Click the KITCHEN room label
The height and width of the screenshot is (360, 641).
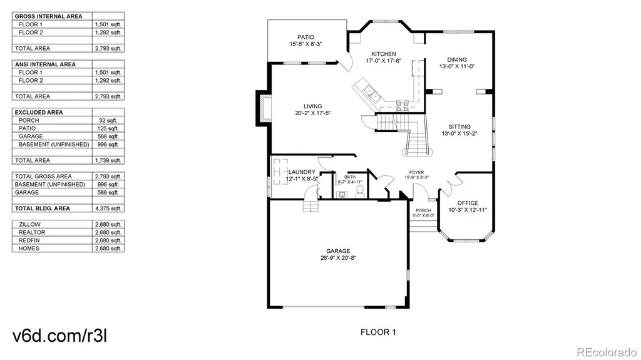click(x=384, y=54)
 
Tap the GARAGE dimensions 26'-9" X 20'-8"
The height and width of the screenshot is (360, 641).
click(x=338, y=258)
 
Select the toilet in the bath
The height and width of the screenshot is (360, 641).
click(x=360, y=191)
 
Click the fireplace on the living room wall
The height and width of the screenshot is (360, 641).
click(x=264, y=108)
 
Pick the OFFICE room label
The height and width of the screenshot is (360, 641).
click(x=468, y=203)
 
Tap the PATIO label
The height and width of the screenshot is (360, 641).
click(x=305, y=37)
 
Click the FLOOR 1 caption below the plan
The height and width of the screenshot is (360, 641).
click(x=378, y=332)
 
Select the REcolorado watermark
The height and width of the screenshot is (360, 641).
click(x=607, y=352)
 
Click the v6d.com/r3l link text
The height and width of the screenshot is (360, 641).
click(x=60, y=336)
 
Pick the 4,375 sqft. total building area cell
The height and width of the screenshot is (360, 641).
click(x=108, y=208)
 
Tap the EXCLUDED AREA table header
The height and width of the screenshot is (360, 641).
click(x=39, y=112)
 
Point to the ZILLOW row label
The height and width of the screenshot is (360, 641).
click(x=29, y=224)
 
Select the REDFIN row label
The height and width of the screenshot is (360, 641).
click(x=29, y=240)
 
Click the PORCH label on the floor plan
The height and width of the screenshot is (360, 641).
click(x=423, y=211)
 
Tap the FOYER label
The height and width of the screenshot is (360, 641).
click(x=416, y=172)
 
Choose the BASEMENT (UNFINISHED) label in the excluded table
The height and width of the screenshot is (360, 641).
click(x=54, y=145)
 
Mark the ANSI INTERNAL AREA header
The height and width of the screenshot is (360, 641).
click(x=45, y=64)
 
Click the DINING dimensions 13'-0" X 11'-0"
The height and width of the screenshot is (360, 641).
click(x=457, y=66)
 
